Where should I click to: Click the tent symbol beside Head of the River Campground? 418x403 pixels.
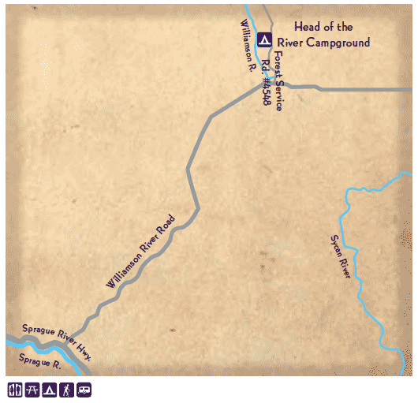[265, 39]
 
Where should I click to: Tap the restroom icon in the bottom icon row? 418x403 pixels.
[14, 390]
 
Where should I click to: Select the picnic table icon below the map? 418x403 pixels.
[32, 390]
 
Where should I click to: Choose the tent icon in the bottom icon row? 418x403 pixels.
[49, 390]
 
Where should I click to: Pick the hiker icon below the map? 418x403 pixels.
[66, 390]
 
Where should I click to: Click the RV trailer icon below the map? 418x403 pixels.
[84, 390]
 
